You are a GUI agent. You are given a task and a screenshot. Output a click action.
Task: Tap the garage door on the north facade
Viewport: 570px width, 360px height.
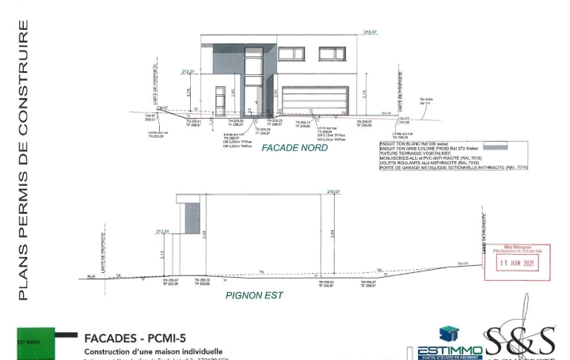(315, 101)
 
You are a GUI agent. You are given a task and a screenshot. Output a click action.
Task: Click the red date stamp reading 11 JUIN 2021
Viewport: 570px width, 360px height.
(515, 262)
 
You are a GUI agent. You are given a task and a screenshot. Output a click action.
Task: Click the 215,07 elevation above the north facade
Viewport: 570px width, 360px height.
(369, 32)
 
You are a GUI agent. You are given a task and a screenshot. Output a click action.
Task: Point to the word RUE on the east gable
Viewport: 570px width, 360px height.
(91, 276)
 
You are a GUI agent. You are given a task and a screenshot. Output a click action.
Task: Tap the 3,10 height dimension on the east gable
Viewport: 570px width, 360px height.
(162, 254)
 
